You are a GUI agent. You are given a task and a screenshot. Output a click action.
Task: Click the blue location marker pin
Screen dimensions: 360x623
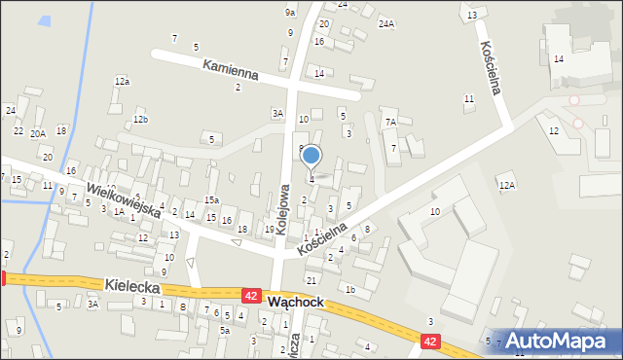point(311,155)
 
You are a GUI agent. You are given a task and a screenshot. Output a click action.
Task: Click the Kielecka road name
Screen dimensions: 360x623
point(131,285)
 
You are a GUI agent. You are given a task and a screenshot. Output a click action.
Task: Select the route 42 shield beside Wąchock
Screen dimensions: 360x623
point(251,294)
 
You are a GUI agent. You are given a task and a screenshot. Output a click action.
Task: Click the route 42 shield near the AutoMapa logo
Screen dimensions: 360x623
point(431,342)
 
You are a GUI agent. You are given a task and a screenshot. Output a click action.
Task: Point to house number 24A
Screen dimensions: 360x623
point(386,23)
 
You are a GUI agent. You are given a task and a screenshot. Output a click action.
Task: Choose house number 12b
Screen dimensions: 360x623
point(140,119)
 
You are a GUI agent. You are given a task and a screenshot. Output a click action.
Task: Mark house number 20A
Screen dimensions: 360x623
point(38,134)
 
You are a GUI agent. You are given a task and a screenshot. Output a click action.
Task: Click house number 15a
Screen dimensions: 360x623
point(211,200)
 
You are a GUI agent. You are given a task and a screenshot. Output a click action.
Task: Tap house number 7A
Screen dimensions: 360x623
point(390,123)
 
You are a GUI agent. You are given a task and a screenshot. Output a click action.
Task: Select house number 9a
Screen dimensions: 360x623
point(290,12)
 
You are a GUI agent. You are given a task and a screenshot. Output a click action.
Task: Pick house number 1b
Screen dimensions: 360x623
point(349,289)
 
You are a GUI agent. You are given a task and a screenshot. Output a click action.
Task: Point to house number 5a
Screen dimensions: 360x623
point(224,331)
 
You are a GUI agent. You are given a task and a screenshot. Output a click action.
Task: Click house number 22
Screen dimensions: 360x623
point(18,130)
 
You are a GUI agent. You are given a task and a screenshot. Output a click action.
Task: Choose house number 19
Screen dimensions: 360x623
point(269,230)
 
